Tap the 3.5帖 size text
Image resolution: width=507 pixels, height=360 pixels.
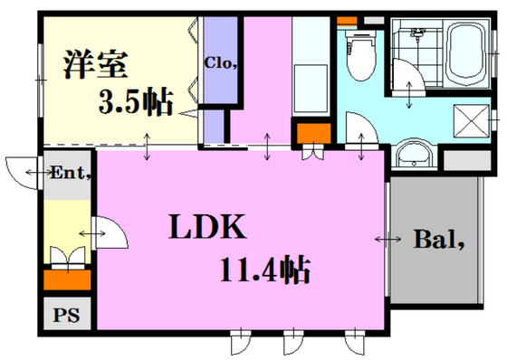137,103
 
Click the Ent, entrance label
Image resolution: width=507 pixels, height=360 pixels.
73,171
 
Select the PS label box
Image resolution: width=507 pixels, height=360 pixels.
65,316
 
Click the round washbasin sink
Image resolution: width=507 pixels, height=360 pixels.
416,156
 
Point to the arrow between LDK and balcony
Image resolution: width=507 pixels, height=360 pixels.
388,240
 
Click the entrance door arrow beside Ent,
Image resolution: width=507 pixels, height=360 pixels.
36,172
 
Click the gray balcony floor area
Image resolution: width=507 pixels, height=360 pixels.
435,271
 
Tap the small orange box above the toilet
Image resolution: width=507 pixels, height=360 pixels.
347,20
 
